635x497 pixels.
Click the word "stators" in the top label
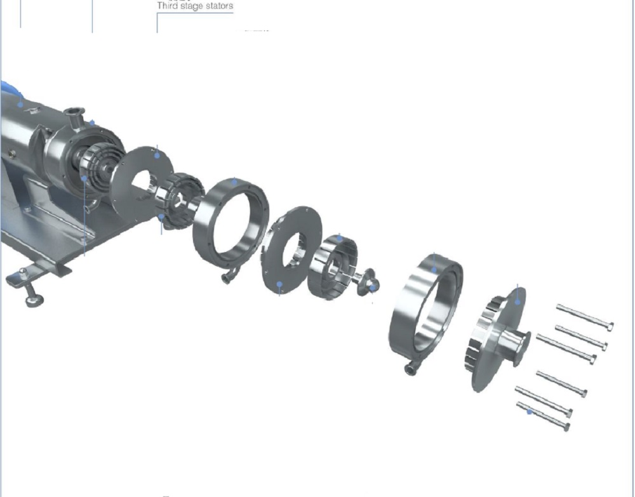tap(217, 6)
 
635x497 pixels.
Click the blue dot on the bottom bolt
tap(530, 411)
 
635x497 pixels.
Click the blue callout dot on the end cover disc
tap(518, 302)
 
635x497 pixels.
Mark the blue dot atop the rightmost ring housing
tap(434, 269)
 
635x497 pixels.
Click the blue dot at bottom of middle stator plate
tap(279, 284)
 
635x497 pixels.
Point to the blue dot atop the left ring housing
tap(234, 182)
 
